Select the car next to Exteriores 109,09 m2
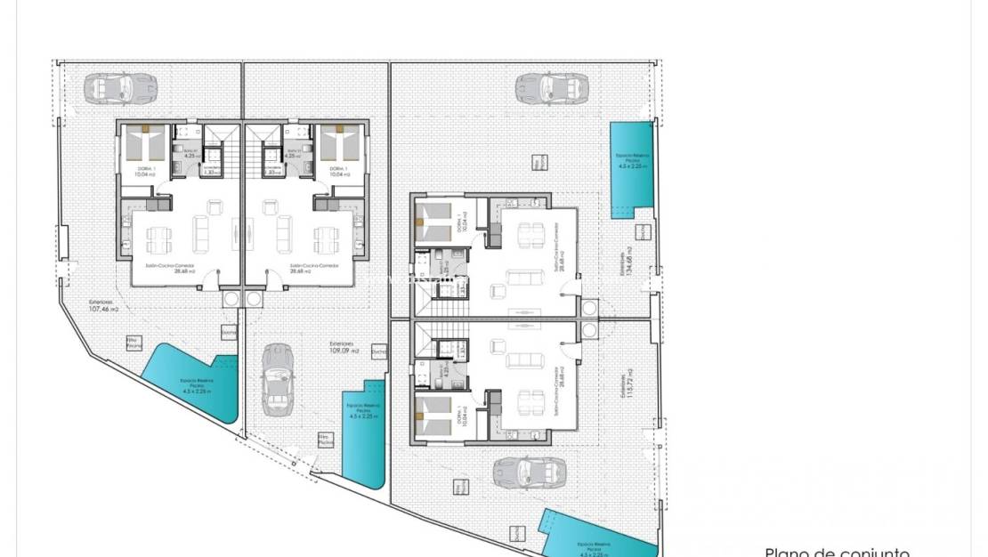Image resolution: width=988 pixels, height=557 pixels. (278, 378)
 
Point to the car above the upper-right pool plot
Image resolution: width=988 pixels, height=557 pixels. (552, 87)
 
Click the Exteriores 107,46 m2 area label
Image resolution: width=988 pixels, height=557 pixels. (105, 309)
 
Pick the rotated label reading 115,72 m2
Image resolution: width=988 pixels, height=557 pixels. (628, 383)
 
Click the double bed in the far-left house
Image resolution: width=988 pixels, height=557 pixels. (147, 142)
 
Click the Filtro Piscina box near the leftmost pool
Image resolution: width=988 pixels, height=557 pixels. (134, 343)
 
